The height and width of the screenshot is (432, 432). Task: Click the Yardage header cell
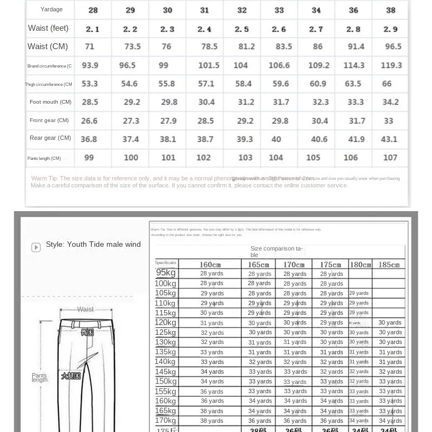51,9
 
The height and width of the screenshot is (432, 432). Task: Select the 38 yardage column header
390,10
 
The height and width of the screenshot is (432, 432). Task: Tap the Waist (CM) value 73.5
132,46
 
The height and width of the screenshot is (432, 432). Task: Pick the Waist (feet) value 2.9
390,29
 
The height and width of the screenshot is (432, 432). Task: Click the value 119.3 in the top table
391,65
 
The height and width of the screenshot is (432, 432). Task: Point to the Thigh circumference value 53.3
90,84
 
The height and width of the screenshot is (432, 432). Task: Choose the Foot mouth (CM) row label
50,102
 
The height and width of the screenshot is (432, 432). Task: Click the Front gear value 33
389,121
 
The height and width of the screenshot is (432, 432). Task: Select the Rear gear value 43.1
389,139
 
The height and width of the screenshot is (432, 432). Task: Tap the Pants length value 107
390,158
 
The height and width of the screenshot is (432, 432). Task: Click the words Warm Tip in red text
44,178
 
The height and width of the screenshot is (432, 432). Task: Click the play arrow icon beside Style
36,247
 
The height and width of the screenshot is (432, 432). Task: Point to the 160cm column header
210,265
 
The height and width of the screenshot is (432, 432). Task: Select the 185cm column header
388,265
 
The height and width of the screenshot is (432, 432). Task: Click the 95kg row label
166,273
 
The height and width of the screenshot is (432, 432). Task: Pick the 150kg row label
165,381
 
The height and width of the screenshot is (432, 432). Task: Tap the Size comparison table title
275,252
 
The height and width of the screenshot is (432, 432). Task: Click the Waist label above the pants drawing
85,309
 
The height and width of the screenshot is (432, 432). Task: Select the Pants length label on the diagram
39,377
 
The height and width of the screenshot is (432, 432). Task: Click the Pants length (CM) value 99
89,158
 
